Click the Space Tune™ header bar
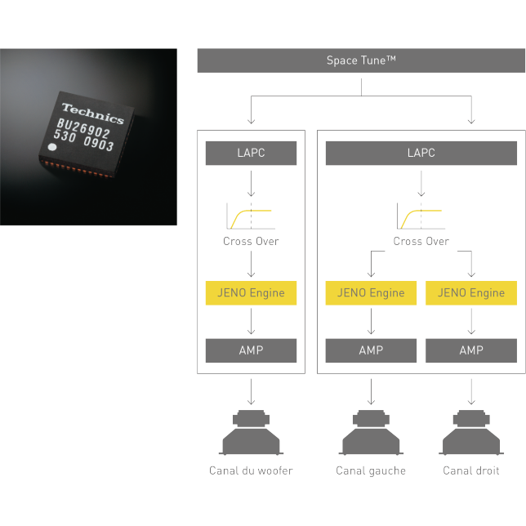pyautogui.click(x=361, y=60)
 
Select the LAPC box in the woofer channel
pyautogui.click(x=251, y=153)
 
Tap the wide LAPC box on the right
pyautogui.click(x=421, y=153)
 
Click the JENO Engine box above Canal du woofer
pyautogui.click(x=251, y=293)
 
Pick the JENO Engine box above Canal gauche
pyautogui.click(x=371, y=293)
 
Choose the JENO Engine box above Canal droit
pyautogui.click(x=471, y=293)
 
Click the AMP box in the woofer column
pyautogui.click(x=251, y=350)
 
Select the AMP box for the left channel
pyautogui.click(x=371, y=350)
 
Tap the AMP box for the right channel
pyautogui.click(x=471, y=350)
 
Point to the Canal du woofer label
pyautogui.click(x=251, y=470)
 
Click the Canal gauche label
pyautogui.click(x=371, y=470)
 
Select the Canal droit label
pyautogui.click(x=471, y=470)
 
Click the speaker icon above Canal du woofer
pyautogui.click(x=251, y=433)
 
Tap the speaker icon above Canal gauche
pyautogui.click(x=371, y=433)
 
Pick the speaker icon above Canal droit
pyautogui.click(x=471, y=433)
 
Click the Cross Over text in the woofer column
pyautogui.click(x=251, y=242)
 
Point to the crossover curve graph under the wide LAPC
pyautogui.click(x=420, y=216)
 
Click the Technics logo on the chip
pyautogui.click(x=93, y=113)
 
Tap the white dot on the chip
pyautogui.click(x=52, y=148)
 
